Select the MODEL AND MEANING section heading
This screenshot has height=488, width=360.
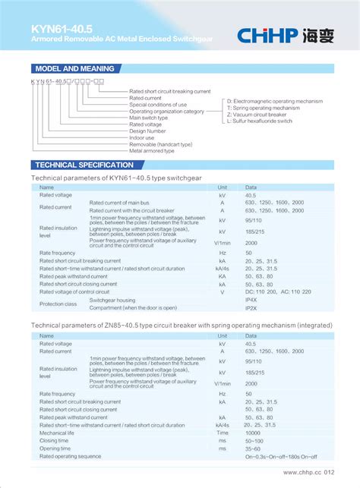70,68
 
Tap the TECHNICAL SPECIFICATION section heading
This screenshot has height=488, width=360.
84,165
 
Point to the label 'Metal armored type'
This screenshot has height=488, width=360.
152,151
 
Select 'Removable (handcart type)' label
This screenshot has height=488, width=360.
161,144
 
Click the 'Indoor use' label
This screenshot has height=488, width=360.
142,137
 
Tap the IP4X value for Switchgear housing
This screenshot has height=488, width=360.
251,300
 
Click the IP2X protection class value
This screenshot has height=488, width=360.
251,307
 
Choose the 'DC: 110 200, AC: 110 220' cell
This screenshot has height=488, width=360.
278,291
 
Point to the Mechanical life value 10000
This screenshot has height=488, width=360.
254,433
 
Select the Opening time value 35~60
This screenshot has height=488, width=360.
253,449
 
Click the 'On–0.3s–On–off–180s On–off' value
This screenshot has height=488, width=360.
281,457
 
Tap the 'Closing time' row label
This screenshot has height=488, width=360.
54,440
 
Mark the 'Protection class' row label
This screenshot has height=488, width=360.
58,304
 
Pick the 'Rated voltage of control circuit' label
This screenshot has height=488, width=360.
74,291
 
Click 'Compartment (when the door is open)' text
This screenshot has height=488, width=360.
133,307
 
